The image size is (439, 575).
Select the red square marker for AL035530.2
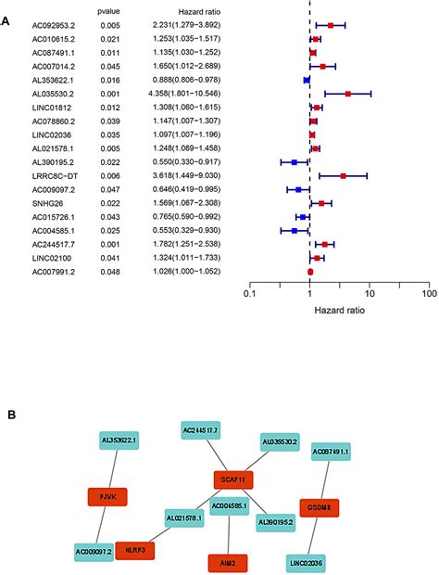347,94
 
